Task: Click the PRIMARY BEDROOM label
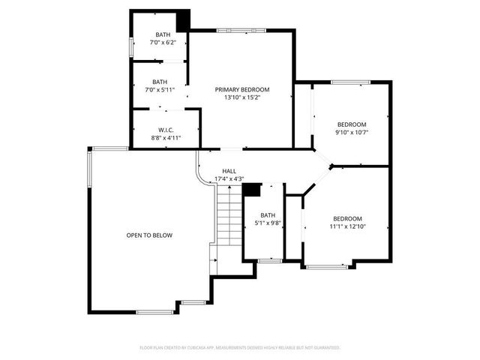pos(241,89)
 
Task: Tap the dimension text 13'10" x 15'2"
pos(241,97)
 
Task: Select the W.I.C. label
pos(166,130)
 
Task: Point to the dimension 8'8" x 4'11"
pos(166,138)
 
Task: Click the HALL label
pos(229,171)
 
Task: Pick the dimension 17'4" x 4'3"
pos(229,178)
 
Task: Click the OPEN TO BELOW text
pos(149,235)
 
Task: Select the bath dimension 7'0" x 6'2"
pos(163,43)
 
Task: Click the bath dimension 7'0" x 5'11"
pos(160,90)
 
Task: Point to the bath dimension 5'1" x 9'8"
pos(268,223)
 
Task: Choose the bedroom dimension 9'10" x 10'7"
pos(351,133)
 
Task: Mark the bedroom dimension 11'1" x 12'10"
pos(347,226)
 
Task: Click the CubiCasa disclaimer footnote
pos(240,347)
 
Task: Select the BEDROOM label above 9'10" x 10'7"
pos(351,124)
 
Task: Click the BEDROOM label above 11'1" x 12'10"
pos(347,218)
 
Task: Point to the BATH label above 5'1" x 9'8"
pos(268,215)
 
